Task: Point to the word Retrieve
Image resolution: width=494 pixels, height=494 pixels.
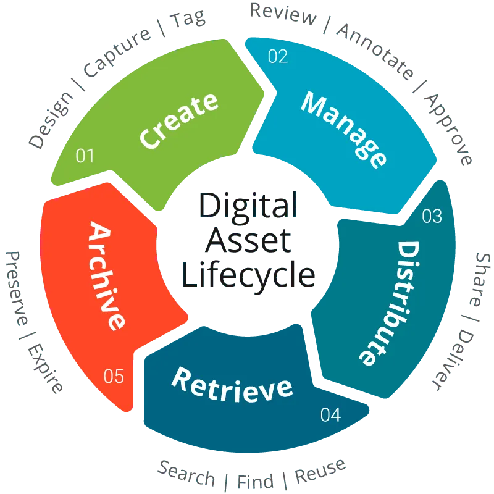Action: [x=232, y=383]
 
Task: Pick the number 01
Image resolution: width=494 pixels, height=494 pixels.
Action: [x=85, y=156]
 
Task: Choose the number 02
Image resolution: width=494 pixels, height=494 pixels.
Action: [x=278, y=57]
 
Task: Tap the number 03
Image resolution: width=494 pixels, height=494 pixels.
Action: [x=432, y=216]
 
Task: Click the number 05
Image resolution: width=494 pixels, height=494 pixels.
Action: [x=114, y=376]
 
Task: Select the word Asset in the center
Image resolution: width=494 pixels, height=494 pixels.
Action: [x=248, y=241]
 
